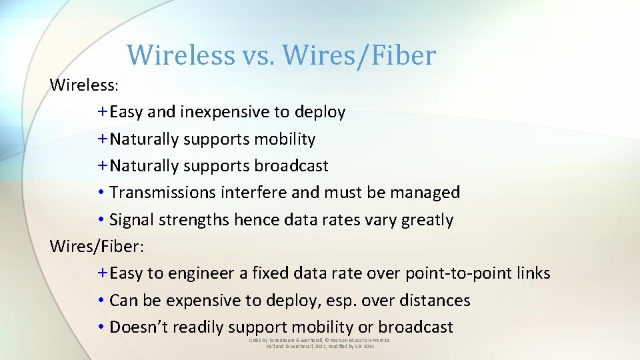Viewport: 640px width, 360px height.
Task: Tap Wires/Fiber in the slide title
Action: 359,55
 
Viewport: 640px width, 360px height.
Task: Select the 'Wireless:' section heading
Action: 84,85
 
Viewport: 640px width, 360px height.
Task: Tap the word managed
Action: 425,193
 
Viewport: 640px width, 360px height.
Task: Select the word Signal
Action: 131,220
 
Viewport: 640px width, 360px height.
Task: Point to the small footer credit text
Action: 319,343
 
